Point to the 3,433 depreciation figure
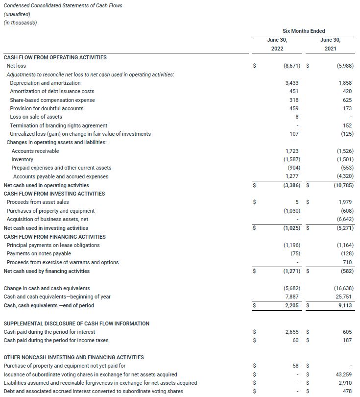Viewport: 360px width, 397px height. (291, 83)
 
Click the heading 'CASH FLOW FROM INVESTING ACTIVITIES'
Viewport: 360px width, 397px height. (54, 194)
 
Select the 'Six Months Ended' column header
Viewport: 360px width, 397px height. (304, 31)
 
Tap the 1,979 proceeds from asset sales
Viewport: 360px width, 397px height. (346, 202)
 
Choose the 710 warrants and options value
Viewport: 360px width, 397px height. (348, 262)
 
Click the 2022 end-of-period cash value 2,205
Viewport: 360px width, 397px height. (291, 305)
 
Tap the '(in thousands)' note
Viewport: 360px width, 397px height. (20, 23)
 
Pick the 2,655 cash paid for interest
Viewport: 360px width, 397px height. (291, 332)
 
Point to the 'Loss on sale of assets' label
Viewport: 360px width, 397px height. (36, 117)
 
